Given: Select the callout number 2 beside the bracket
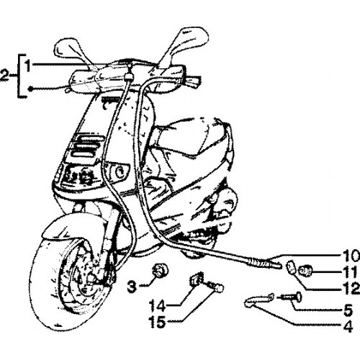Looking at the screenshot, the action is coord(4,76).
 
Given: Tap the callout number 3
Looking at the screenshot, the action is coord(132,287).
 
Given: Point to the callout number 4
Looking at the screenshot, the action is coord(348,325).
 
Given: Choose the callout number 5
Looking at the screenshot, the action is coord(348,310).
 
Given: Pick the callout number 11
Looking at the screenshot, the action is coord(350,272).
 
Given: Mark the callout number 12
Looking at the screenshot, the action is coord(350,288).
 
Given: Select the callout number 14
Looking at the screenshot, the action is coord(157,305).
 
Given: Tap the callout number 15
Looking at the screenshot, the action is coord(157,322).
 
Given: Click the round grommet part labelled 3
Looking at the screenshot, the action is coord(161,270).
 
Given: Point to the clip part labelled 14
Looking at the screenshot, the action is coord(197,279).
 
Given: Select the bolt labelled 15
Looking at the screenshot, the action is coord(215,287).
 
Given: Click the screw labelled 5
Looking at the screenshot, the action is coord(291,297).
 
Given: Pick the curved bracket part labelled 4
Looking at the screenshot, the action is coord(258,300).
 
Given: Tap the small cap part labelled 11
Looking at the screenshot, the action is coord(305,270).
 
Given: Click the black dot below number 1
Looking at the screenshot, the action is coord(30,89).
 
